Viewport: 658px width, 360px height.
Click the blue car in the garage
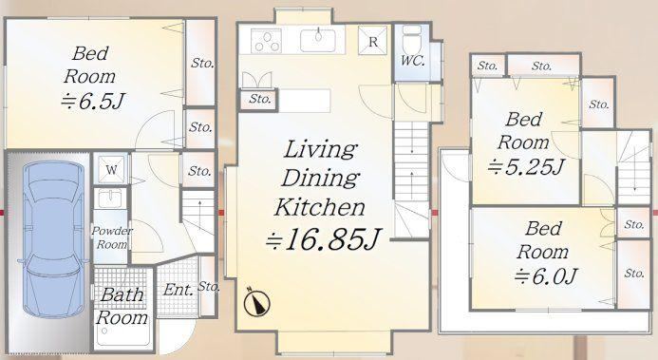53,238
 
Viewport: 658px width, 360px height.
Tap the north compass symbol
256,302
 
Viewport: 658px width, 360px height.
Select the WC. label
412,61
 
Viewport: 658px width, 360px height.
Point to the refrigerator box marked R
372,41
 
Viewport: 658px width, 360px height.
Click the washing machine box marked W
111,169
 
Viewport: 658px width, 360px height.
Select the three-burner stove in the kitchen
266,41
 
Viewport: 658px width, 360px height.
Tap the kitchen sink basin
318,40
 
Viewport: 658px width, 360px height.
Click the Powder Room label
112,237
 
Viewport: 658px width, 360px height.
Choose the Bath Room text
122,306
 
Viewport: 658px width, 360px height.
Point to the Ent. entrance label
179,290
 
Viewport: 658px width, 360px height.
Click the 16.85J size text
323,239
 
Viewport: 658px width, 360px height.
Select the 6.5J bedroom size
93,101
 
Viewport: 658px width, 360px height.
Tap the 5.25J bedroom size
525,167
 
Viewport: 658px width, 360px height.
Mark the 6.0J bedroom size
546,276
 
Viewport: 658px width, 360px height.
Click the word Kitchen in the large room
319,207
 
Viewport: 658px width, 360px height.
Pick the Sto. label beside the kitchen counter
260,99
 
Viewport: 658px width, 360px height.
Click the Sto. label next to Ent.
209,287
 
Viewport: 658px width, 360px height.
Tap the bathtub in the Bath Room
122,335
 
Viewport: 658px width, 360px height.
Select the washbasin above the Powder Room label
111,198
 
